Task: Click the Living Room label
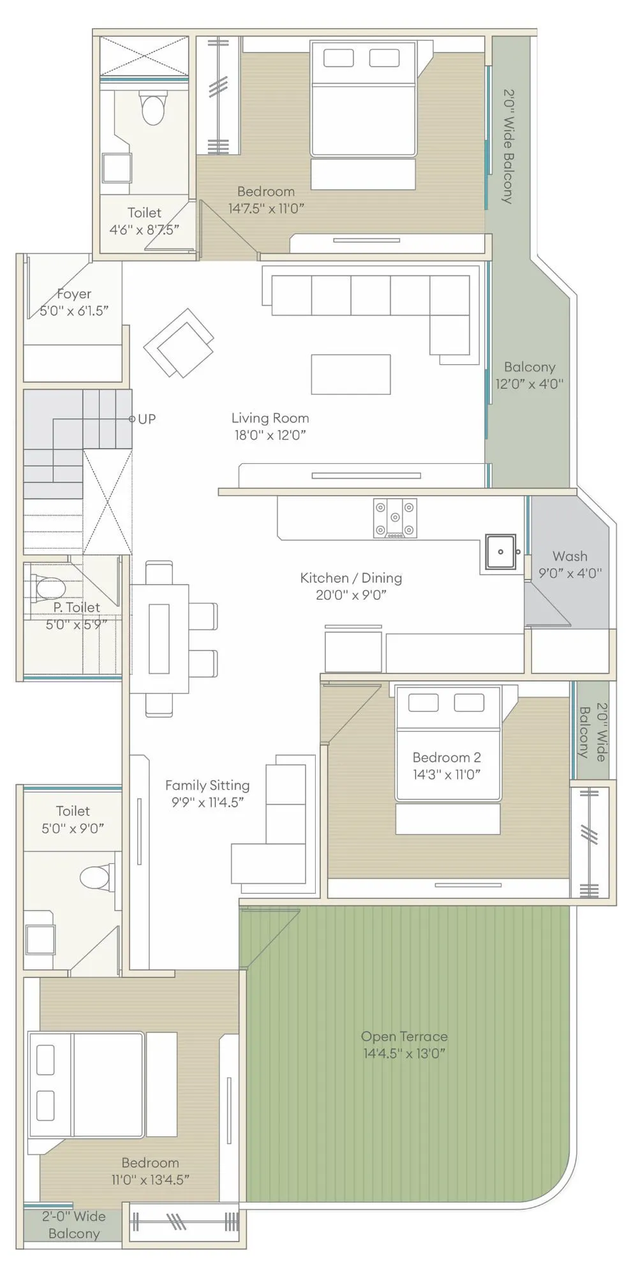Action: coord(270,418)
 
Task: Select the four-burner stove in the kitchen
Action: coord(395,517)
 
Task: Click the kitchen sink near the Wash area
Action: coord(500,552)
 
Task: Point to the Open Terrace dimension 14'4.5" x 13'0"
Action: coord(404,1053)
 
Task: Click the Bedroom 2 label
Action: coord(446,757)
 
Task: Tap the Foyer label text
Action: coord(74,294)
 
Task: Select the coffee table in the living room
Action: coord(350,375)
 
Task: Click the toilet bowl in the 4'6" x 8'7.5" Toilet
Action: coord(153,107)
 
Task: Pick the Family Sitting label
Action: coord(207,785)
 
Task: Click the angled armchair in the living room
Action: coord(179,343)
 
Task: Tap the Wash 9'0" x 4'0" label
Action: coord(570,565)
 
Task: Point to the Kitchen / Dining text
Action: coord(351,578)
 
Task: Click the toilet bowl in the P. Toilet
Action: coord(50,586)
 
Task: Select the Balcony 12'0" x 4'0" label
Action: coord(529,375)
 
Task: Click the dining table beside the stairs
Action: coord(160,639)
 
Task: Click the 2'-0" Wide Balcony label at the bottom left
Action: coord(73,1224)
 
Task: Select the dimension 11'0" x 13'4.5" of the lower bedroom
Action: coord(150,1180)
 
